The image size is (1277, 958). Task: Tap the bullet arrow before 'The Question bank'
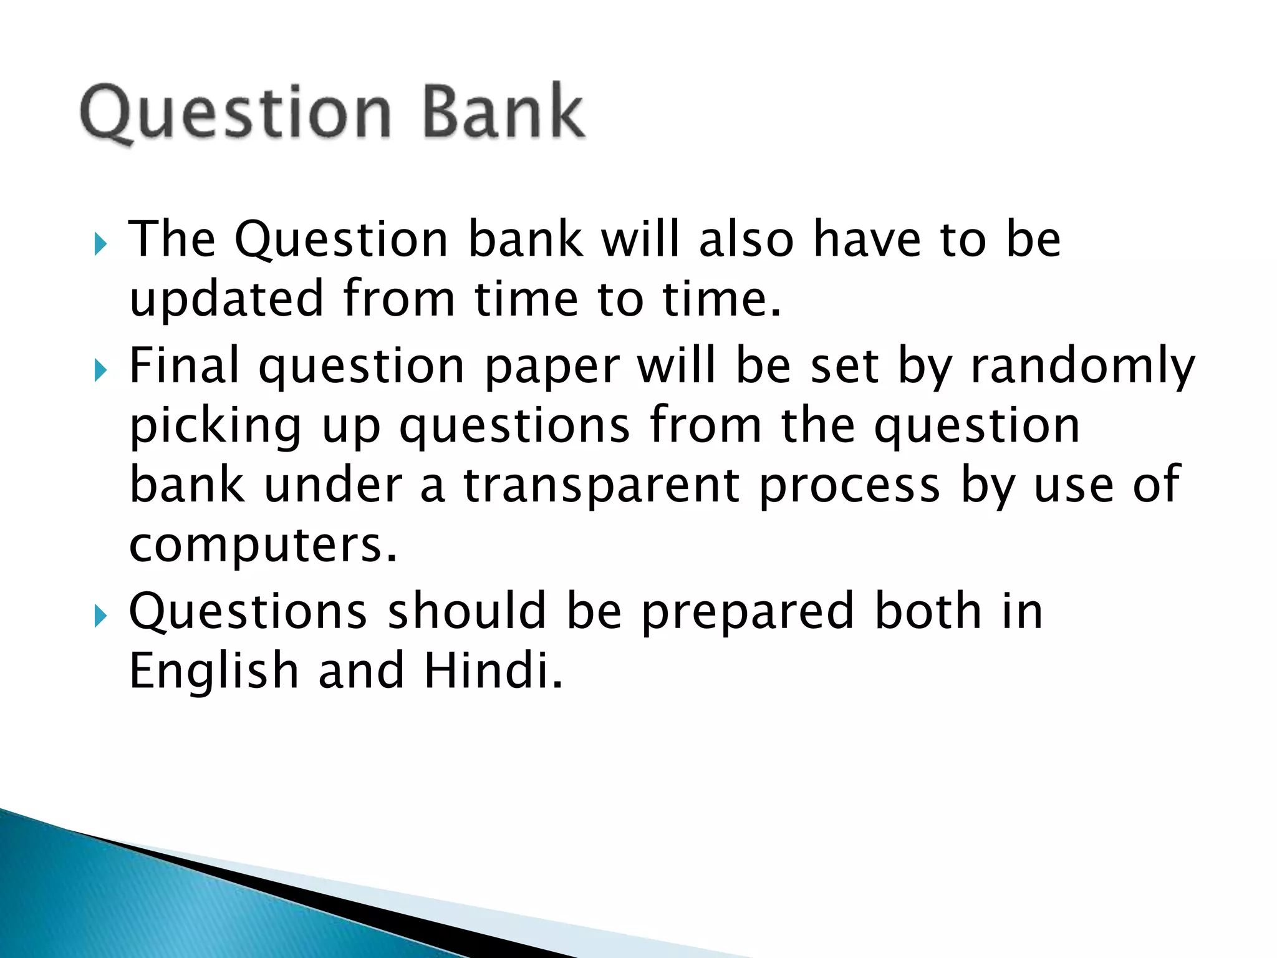[x=100, y=244]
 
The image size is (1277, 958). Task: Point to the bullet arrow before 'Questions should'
[x=100, y=616]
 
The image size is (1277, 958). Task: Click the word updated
[x=226, y=299]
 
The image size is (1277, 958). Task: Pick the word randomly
[x=1083, y=366]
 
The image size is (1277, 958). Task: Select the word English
[x=214, y=671]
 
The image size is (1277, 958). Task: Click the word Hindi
[x=493, y=671]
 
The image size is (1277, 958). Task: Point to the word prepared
[x=748, y=613]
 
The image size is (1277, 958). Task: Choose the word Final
[x=184, y=366]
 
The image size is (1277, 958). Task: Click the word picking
[x=216, y=427]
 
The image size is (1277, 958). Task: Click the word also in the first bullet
[x=746, y=239]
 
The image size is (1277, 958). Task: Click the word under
[x=333, y=486]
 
